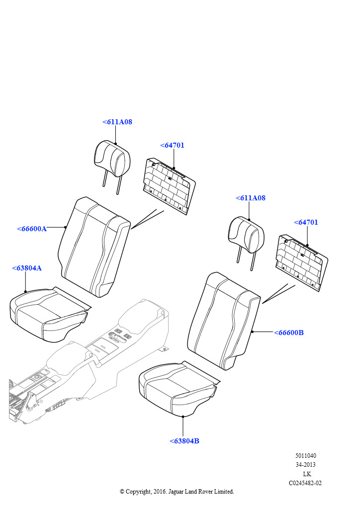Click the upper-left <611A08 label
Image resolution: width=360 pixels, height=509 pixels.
(x=117, y=122)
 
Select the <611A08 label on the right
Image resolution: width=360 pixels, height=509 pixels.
(x=251, y=198)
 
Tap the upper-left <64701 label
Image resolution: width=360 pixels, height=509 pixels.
(x=172, y=145)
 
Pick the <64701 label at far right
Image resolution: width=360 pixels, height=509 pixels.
(x=306, y=222)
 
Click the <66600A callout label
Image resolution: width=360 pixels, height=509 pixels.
(x=32, y=229)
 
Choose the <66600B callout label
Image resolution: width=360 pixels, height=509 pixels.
(x=288, y=333)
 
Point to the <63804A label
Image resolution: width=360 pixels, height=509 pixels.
(x=27, y=268)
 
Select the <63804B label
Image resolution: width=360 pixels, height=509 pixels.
(x=184, y=441)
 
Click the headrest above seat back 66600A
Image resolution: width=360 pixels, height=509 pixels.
(x=112, y=159)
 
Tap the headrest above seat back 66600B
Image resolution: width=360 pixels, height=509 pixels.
(x=245, y=234)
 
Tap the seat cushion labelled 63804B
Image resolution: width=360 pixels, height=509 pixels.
(x=177, y=391)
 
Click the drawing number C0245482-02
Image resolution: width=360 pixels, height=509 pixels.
(x=305, y=483)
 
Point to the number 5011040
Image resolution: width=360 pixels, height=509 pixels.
(x=305, y=456)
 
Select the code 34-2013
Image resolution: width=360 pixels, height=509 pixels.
(x=305, y=465)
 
